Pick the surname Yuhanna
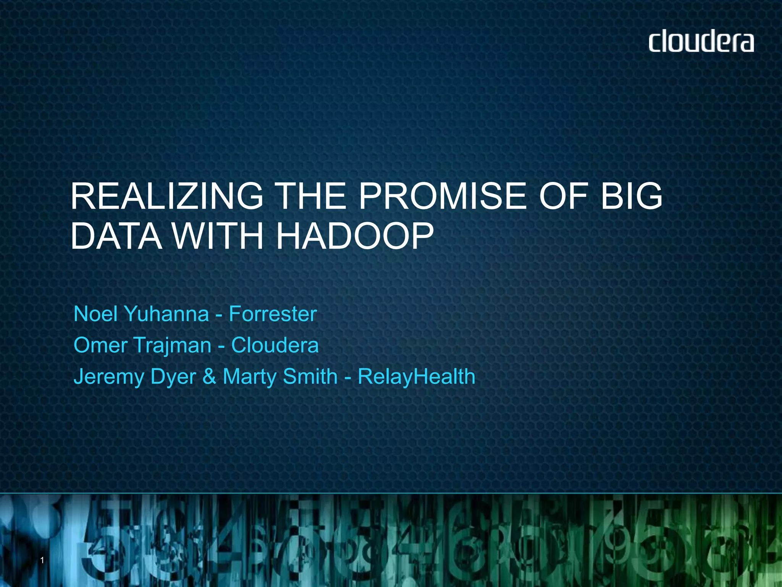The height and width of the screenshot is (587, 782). pos(167,314)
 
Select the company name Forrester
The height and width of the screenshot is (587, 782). pos(273,314)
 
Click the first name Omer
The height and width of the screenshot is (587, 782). pos(100,345)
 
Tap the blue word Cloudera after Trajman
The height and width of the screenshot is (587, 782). pos(275,345)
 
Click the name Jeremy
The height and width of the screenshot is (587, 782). pos(109,377)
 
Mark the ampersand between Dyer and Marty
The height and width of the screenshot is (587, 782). pos(209,376)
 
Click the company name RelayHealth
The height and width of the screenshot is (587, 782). pos(416,376)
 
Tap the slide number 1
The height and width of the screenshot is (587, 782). pos(42,560)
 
